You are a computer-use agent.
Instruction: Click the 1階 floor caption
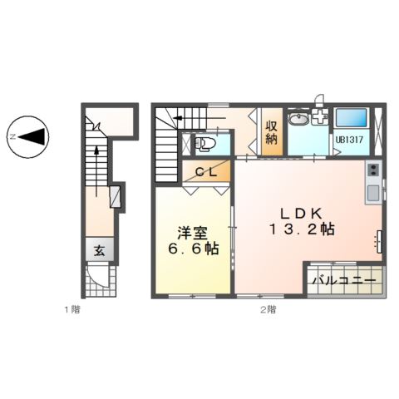[x=73, y=310]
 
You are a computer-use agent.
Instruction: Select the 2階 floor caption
[x=267, y=310]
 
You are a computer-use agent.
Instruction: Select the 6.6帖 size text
[x=190, y=249]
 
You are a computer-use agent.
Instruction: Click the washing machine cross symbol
[x=318, y=118]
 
